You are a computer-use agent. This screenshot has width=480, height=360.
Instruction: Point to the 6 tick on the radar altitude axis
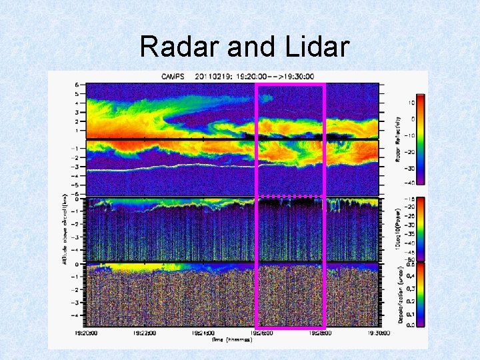[x=77, y=85]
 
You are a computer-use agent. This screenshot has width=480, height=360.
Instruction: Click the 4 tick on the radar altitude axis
[x=77, y=103]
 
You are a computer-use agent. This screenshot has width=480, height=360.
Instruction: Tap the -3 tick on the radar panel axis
[x=76, y=167]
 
